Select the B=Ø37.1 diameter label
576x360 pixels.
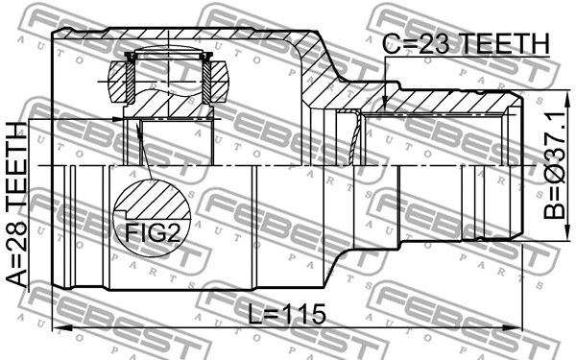(555, 164)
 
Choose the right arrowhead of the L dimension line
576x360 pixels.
(519, 329)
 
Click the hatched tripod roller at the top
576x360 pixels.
(170, 84)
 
